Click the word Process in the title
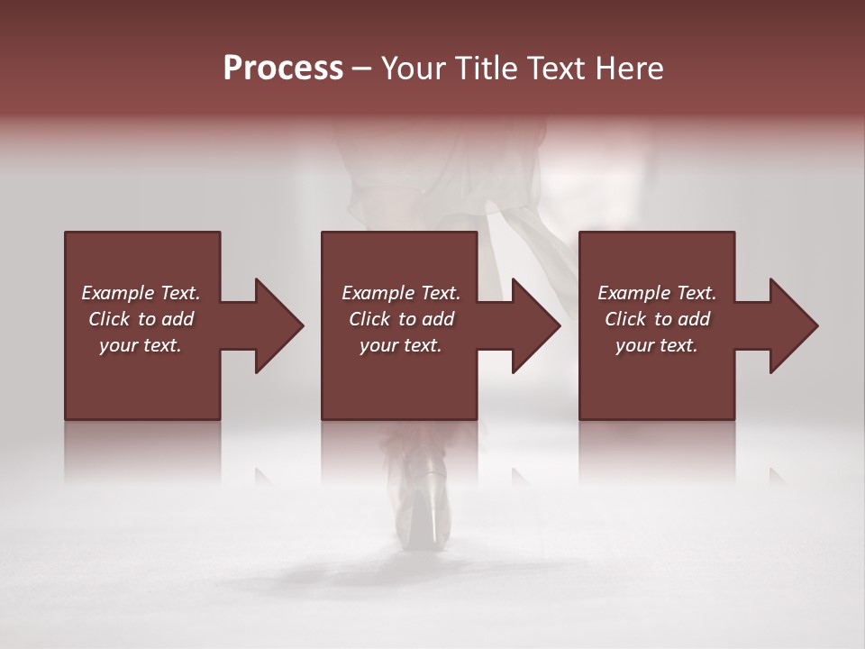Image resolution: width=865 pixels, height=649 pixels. (283, 68)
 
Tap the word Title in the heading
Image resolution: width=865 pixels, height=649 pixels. (482, 69)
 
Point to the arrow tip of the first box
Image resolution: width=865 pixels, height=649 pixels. (300, 325)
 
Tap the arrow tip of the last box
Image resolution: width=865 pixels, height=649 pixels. (815, 325)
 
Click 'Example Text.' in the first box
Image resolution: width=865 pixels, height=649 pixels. (141, 293)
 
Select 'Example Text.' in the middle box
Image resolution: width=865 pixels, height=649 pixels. (401, 293)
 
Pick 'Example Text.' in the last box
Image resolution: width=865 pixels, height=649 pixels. (657, 293)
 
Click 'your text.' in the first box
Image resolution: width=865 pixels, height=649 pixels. (141, 345)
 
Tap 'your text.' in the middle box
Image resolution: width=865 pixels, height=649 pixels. (401, 345)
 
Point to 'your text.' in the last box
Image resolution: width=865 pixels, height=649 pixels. (657, 345)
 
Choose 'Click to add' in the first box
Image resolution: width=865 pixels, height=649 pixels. (141, 319)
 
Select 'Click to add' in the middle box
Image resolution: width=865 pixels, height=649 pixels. (401, 319)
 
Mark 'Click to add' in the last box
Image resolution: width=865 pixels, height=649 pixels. (657, 319)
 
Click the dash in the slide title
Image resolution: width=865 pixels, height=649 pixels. (361, 69)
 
